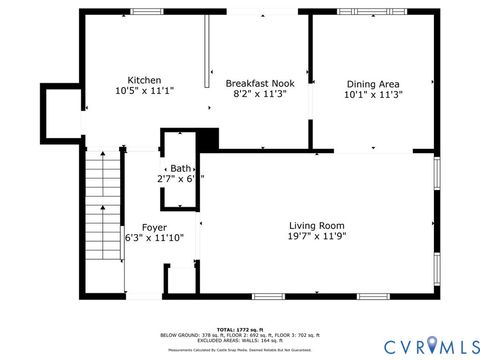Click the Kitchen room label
click(144, 80)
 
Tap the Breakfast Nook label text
click(258, 83)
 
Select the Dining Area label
click(374, 84)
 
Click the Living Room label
click(317, 225)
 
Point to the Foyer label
click(154, 227)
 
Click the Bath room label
click(180, 168)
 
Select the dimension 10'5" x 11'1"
click(144, 91)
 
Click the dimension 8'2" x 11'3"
click(258, 94)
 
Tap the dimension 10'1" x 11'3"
click(374, 95)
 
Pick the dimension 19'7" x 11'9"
click(317, 237)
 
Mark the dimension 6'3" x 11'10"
click(154, 238)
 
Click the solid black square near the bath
click(208, 140)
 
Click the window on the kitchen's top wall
click(146, 11)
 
